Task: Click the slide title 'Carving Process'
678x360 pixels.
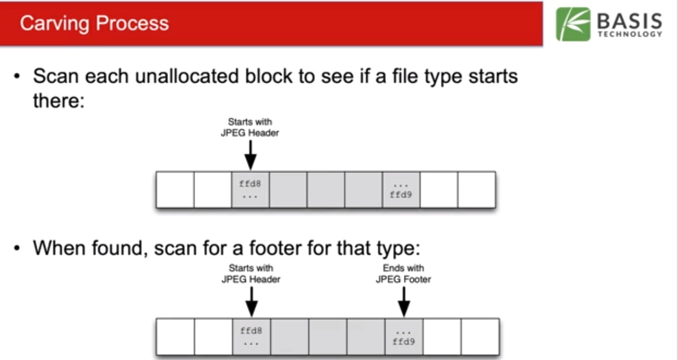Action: coord(94,24)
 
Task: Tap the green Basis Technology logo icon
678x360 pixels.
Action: coord(573,24)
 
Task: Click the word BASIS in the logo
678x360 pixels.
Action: coord(629,22)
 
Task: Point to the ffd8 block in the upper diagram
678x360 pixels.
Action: coord(250,190)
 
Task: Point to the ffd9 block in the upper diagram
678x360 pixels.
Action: coord(401,190)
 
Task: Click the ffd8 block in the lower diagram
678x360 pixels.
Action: coord(251,336)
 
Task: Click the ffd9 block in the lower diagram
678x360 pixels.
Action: coord(404,336)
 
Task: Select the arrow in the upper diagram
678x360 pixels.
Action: coord(250,154)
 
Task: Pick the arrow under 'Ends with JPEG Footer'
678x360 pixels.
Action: coord(404,301)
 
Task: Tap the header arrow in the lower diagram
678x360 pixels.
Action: coord(251,301)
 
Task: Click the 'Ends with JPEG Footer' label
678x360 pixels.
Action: coord(403,274)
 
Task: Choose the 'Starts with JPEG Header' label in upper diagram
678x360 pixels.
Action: coord(250,127)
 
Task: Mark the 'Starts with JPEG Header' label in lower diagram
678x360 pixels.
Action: coord(251,274)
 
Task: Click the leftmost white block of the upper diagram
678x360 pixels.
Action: coord(175,190)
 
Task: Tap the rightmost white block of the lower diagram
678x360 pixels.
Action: coord(480,336)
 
